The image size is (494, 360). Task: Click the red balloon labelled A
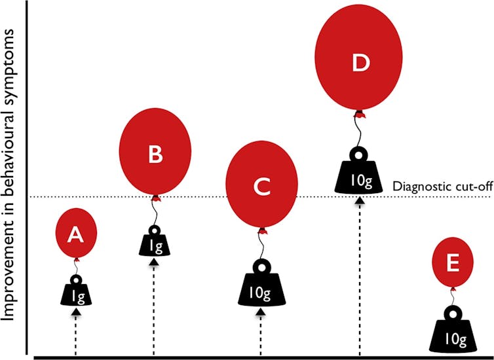pos(76,232)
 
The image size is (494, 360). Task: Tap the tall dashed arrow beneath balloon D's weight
pos(358,275)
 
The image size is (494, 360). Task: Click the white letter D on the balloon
pos(359,63)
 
